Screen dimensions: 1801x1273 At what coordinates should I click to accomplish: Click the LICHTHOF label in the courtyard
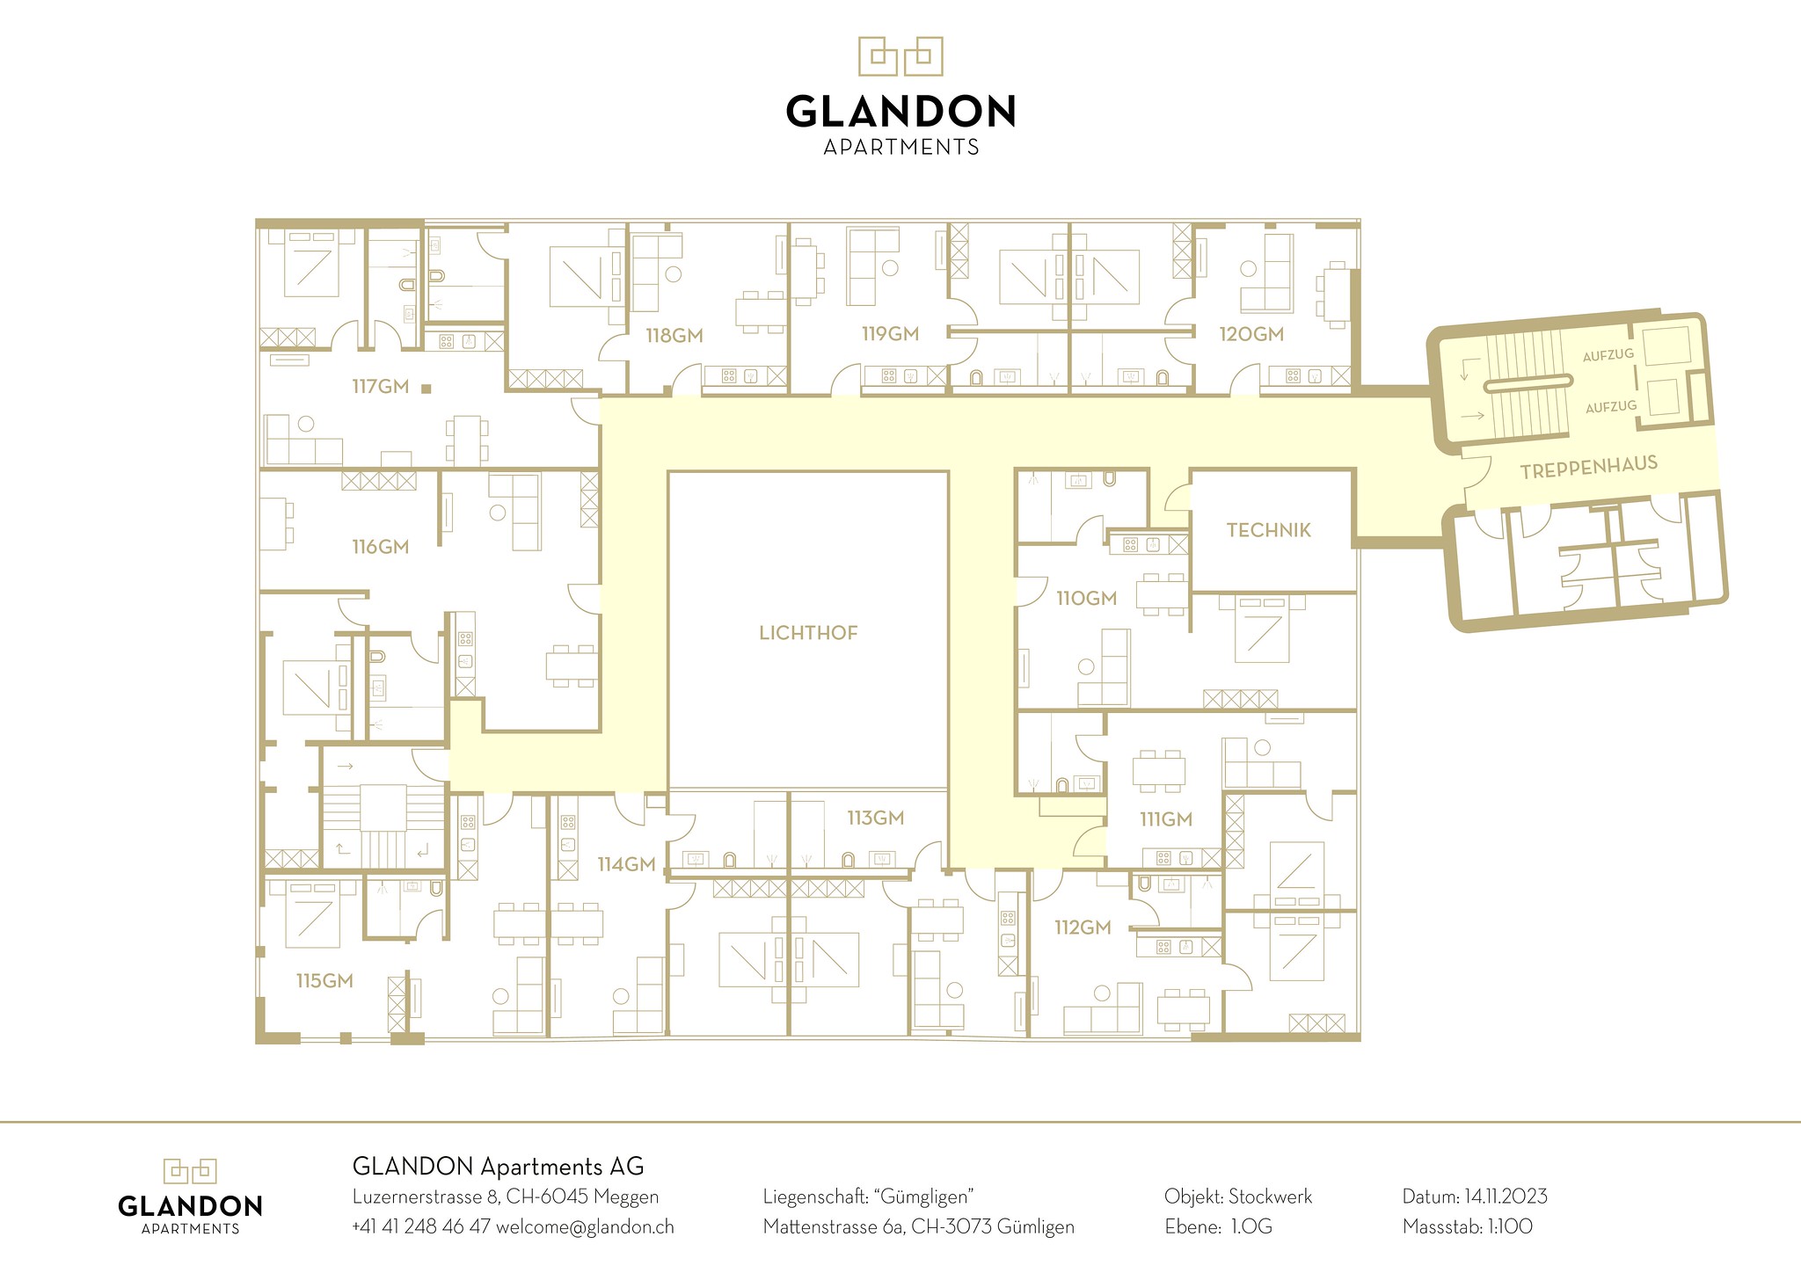(x=808, y=633)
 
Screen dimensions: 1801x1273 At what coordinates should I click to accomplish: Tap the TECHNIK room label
(x=1268, y=530)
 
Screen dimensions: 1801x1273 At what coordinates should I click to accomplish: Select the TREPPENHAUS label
(x=1588, y=467)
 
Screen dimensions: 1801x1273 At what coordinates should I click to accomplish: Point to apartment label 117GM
(x=381, y=386)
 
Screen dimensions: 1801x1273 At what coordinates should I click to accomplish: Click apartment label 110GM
(x=1086, y=599)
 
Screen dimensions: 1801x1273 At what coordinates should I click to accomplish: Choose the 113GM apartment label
(x=875, y=818)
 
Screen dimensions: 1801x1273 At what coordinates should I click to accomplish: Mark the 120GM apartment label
(x=1251, y=334)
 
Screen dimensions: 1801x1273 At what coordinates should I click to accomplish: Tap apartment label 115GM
(x=324, y=981)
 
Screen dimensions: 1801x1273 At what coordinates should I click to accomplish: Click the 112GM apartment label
(x=1083, y=927)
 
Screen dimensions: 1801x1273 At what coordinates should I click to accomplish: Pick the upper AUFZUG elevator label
(x=1608, y=355)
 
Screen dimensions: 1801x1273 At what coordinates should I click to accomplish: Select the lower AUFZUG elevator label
(x=1611, y=406)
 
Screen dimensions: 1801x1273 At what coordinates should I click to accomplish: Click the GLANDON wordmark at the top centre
(x=900, y=112)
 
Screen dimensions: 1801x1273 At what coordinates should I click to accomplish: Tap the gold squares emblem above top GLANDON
(x=900, y=56)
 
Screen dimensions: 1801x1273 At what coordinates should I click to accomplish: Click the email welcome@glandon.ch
(x=585, y=1227)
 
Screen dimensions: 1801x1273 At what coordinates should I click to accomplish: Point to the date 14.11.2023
(x=1506, y=1197)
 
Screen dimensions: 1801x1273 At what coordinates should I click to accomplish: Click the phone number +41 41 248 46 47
(x=420, y=1227)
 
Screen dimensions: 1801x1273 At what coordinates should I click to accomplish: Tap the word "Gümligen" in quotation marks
(x=923, y=1197)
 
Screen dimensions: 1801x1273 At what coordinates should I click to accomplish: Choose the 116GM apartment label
(x=381, y=547)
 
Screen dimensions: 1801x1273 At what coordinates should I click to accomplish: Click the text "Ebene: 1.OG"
(x=1218, y=1227)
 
